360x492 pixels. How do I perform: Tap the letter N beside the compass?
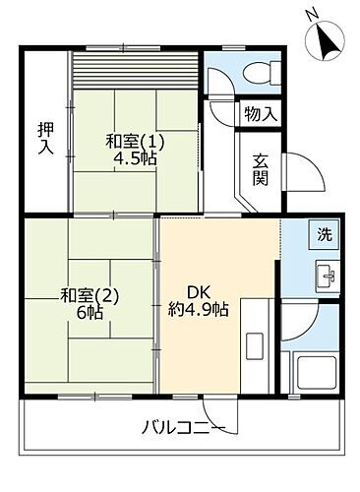[309, 14]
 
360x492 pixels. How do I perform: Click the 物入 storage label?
[261, 114]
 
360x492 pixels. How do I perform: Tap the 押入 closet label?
[45, 139]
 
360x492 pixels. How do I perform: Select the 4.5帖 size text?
[135, 160]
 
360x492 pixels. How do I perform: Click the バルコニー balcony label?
[183, 427]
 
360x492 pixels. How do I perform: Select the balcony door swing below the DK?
[215, 412]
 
